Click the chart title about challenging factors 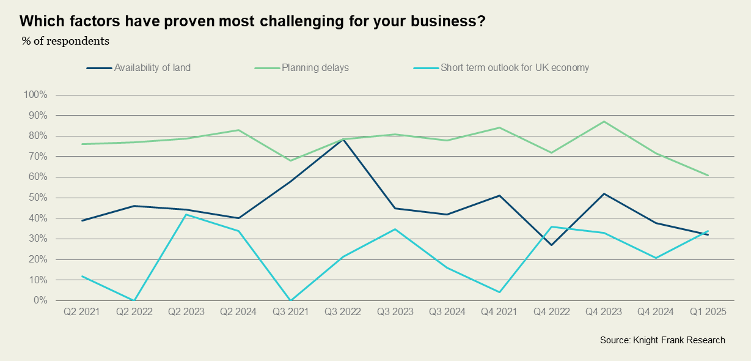(252, 21)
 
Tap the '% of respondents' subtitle (65, 42)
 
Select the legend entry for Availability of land (152, 67)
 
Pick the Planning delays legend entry (315, 67)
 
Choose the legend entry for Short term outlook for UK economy (515, 67)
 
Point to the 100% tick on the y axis (35, 95)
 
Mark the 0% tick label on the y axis (39, 300)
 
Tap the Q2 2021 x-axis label (81, 312)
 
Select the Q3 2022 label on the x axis (343, 312)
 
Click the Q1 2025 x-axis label (708, 312)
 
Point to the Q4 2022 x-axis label (552, 312)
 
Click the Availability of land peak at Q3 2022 (343, 140)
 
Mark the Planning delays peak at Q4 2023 (604, 121)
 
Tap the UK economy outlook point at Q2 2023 (186, 214)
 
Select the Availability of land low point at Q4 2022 (552, 245)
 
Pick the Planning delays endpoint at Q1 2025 (708, 175)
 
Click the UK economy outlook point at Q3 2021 (290, 300)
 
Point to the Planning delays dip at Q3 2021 (290, 160)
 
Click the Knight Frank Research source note (662, 340)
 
